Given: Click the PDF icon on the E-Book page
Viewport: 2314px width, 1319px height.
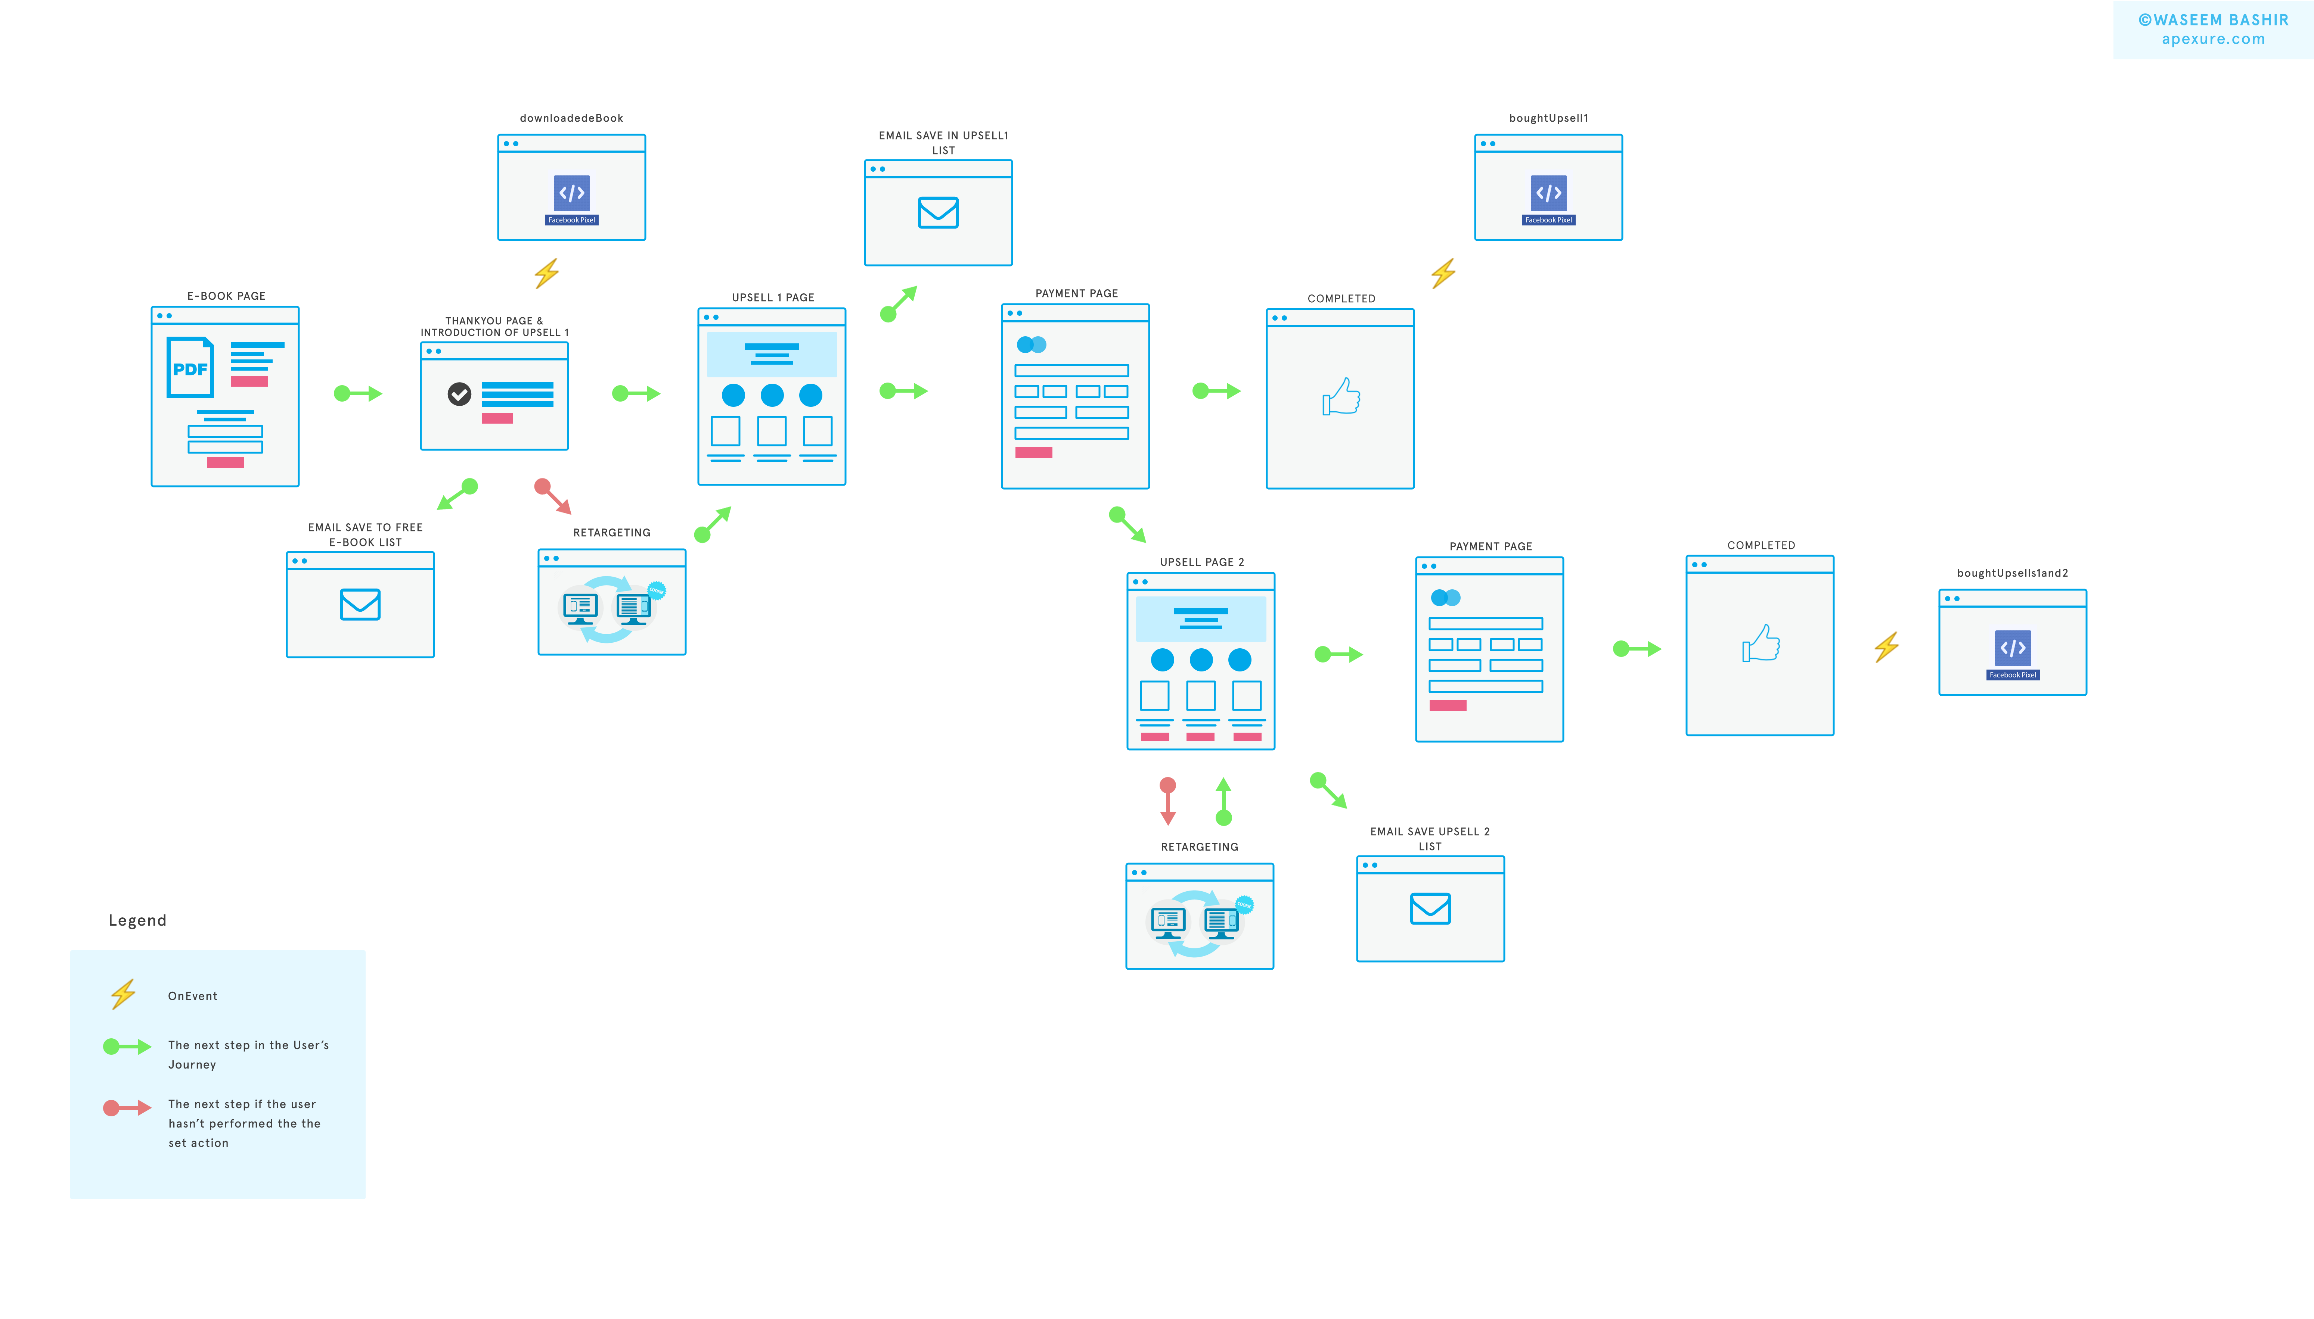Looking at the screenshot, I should click(190, 368).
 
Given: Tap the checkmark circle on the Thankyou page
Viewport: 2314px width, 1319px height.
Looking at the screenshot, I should click(459, 394).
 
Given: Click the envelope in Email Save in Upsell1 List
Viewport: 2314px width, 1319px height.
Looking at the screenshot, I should click(938, 213).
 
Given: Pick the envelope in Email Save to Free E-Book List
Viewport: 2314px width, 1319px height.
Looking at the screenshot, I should click(360, 604).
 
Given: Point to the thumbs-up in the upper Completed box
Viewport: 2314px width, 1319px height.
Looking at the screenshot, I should click(1341, 397).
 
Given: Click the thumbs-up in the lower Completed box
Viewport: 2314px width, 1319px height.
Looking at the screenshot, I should click(1761, 644).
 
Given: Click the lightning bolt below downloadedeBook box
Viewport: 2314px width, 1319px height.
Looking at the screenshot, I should click(546, 273).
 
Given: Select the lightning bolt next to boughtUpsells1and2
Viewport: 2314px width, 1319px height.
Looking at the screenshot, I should click(1887, 647).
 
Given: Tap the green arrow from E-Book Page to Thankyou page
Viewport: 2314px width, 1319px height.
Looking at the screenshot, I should click(358, 393).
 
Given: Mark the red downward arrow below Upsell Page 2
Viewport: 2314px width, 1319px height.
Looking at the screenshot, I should click(1168, 801).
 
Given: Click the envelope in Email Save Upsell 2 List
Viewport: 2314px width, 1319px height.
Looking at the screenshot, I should click(1430, 908).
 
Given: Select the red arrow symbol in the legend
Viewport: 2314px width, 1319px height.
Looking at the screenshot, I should click(127, 1108).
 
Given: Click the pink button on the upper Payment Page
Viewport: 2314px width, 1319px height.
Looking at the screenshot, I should click(1033, 452).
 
